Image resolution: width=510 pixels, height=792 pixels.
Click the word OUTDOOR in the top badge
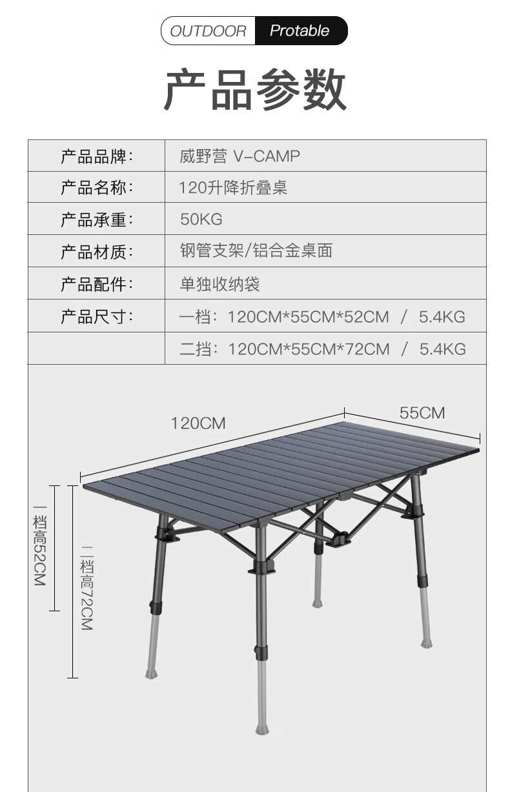coord(208,31)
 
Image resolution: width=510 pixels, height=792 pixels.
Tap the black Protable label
coord(300,31)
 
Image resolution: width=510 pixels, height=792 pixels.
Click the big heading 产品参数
coord(256,91)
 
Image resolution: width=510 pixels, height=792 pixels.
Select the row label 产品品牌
coord(96,156)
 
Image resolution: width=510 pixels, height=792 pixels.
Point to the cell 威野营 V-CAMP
coord(240,156)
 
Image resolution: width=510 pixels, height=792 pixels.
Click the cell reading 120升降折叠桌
coord(233,188)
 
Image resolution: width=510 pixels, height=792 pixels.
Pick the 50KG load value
coord(201,219)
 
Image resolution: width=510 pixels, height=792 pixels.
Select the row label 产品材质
coord(96,252)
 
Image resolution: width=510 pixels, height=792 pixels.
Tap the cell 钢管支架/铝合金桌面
coord(256,251)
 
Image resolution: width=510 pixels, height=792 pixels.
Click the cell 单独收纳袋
coord(219,283)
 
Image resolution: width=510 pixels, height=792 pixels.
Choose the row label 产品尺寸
coord(96,317)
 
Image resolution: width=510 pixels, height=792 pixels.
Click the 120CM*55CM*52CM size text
coord(309,317)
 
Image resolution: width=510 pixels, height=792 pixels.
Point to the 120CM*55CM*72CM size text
coord(309,349)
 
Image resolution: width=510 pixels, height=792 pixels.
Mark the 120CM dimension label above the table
coord(198,423)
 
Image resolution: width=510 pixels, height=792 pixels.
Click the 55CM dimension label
coord(422,413)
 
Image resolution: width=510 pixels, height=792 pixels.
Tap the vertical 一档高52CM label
coord(40,549)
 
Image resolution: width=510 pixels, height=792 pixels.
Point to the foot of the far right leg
coord(427,643)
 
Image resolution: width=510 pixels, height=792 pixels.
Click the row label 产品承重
coord(96,220)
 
